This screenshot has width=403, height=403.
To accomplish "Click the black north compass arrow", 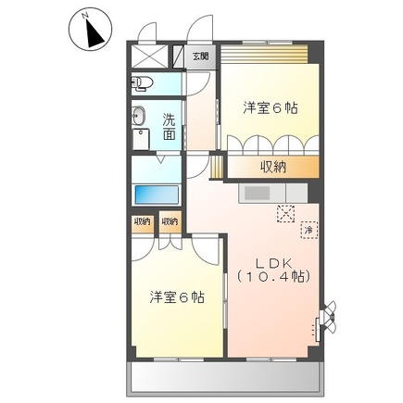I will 92,33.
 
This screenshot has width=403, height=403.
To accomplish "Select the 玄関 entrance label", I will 201,56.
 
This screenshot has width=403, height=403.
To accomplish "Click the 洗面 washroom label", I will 170,126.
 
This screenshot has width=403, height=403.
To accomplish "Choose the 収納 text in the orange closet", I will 272,167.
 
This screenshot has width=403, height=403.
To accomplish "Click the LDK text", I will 274,260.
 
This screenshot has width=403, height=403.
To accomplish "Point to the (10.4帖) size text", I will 273,276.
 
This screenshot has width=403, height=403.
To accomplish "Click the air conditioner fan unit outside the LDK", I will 330,320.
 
